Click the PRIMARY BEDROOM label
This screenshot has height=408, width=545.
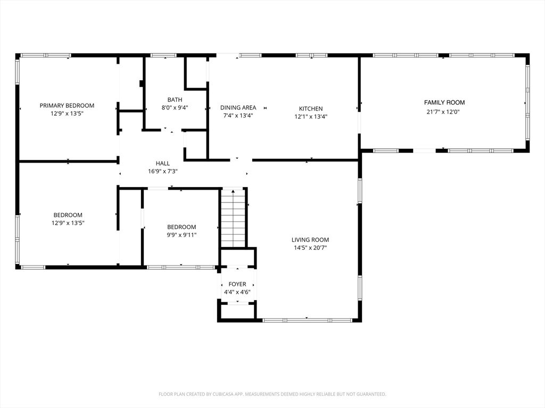tap(67, 106)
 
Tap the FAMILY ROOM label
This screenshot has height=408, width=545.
tap(444, 103)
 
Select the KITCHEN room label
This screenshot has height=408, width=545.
tap(311, 108)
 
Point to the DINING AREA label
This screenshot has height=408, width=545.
tap(238, 107)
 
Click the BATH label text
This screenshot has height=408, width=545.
tap(175, 99)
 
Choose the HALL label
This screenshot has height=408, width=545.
tap(163, 163)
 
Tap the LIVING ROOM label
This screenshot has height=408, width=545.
tap(310, 240)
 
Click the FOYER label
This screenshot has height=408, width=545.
tap(237, 284)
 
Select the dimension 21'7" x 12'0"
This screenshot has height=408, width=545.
tap(443, 112)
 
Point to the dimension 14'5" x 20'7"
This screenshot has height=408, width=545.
tap(310, 248)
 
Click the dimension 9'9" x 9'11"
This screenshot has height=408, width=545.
tap(181, 235)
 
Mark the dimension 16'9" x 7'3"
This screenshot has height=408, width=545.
tap(163, 171)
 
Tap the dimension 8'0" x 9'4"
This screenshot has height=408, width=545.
tap(175, 107)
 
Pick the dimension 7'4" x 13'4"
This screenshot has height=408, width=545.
tap(238, 115)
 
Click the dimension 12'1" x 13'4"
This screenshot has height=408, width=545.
tap(311, 116)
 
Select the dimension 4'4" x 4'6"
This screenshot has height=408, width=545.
tap(237, 292)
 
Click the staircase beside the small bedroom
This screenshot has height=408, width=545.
tap(233, 218)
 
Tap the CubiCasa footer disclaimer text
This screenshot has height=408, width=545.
tap(272, 394)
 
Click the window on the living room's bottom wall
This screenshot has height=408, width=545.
tap(307, 320)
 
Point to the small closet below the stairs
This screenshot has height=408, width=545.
tap(238, 258)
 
